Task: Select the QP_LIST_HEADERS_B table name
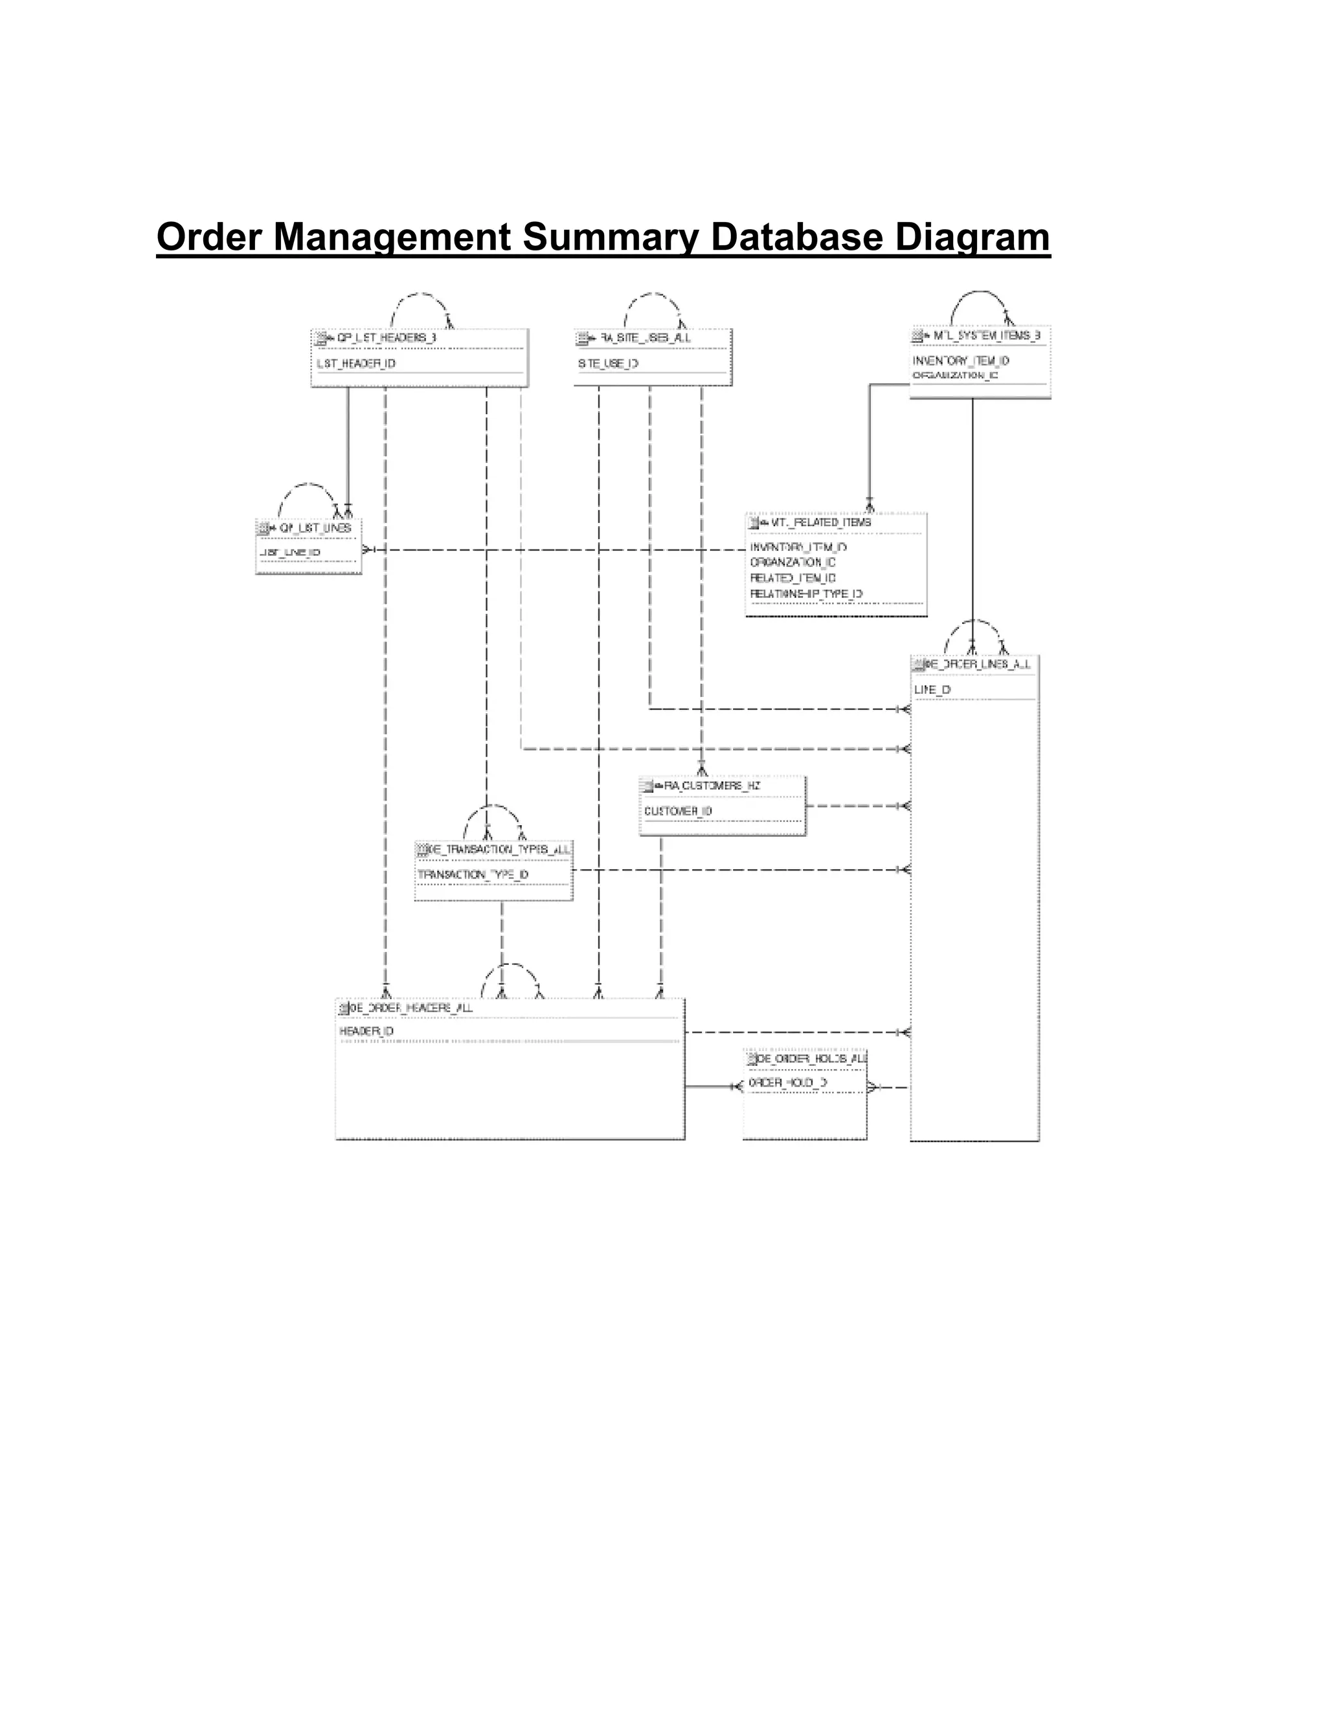tap(386, 338)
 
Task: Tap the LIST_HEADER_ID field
tap(356, 364)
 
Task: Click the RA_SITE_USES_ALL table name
tap(645, 338)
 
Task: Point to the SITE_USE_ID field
tap(608, 364)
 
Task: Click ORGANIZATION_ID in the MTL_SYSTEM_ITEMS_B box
tap(954, 375)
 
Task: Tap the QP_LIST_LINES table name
tap(315, 527)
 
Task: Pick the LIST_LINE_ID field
tap(290, 553)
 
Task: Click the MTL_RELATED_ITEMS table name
tap(820, 522)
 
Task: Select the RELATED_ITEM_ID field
tap(792, 578)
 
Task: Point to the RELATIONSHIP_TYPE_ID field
tap(806, 593)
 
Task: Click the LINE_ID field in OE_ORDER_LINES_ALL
tap(932, 689)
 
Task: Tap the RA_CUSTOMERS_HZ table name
tap(712, 785)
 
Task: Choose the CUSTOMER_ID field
tap(678, 811)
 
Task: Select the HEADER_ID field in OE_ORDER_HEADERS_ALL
tap(366, 1031)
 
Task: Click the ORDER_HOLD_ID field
tap(787, 1083)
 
